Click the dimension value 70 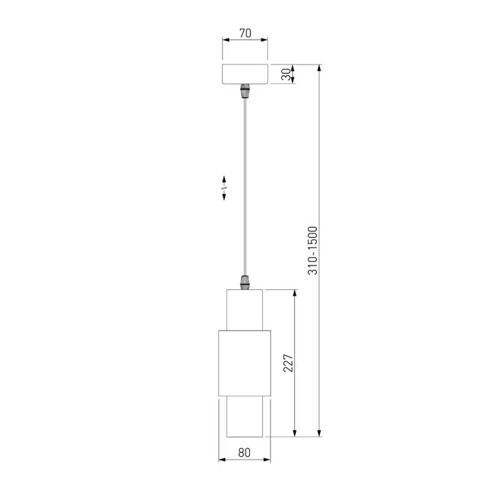pos(245,34)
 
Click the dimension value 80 pos(244,452)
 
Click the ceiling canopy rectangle pos(245,75)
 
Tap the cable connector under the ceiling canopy pos(245,92)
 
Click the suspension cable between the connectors pos(245,186)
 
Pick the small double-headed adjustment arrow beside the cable pos(224,187)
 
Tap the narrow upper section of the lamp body pos(245,309)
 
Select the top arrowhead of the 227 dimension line pos(294,293)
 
